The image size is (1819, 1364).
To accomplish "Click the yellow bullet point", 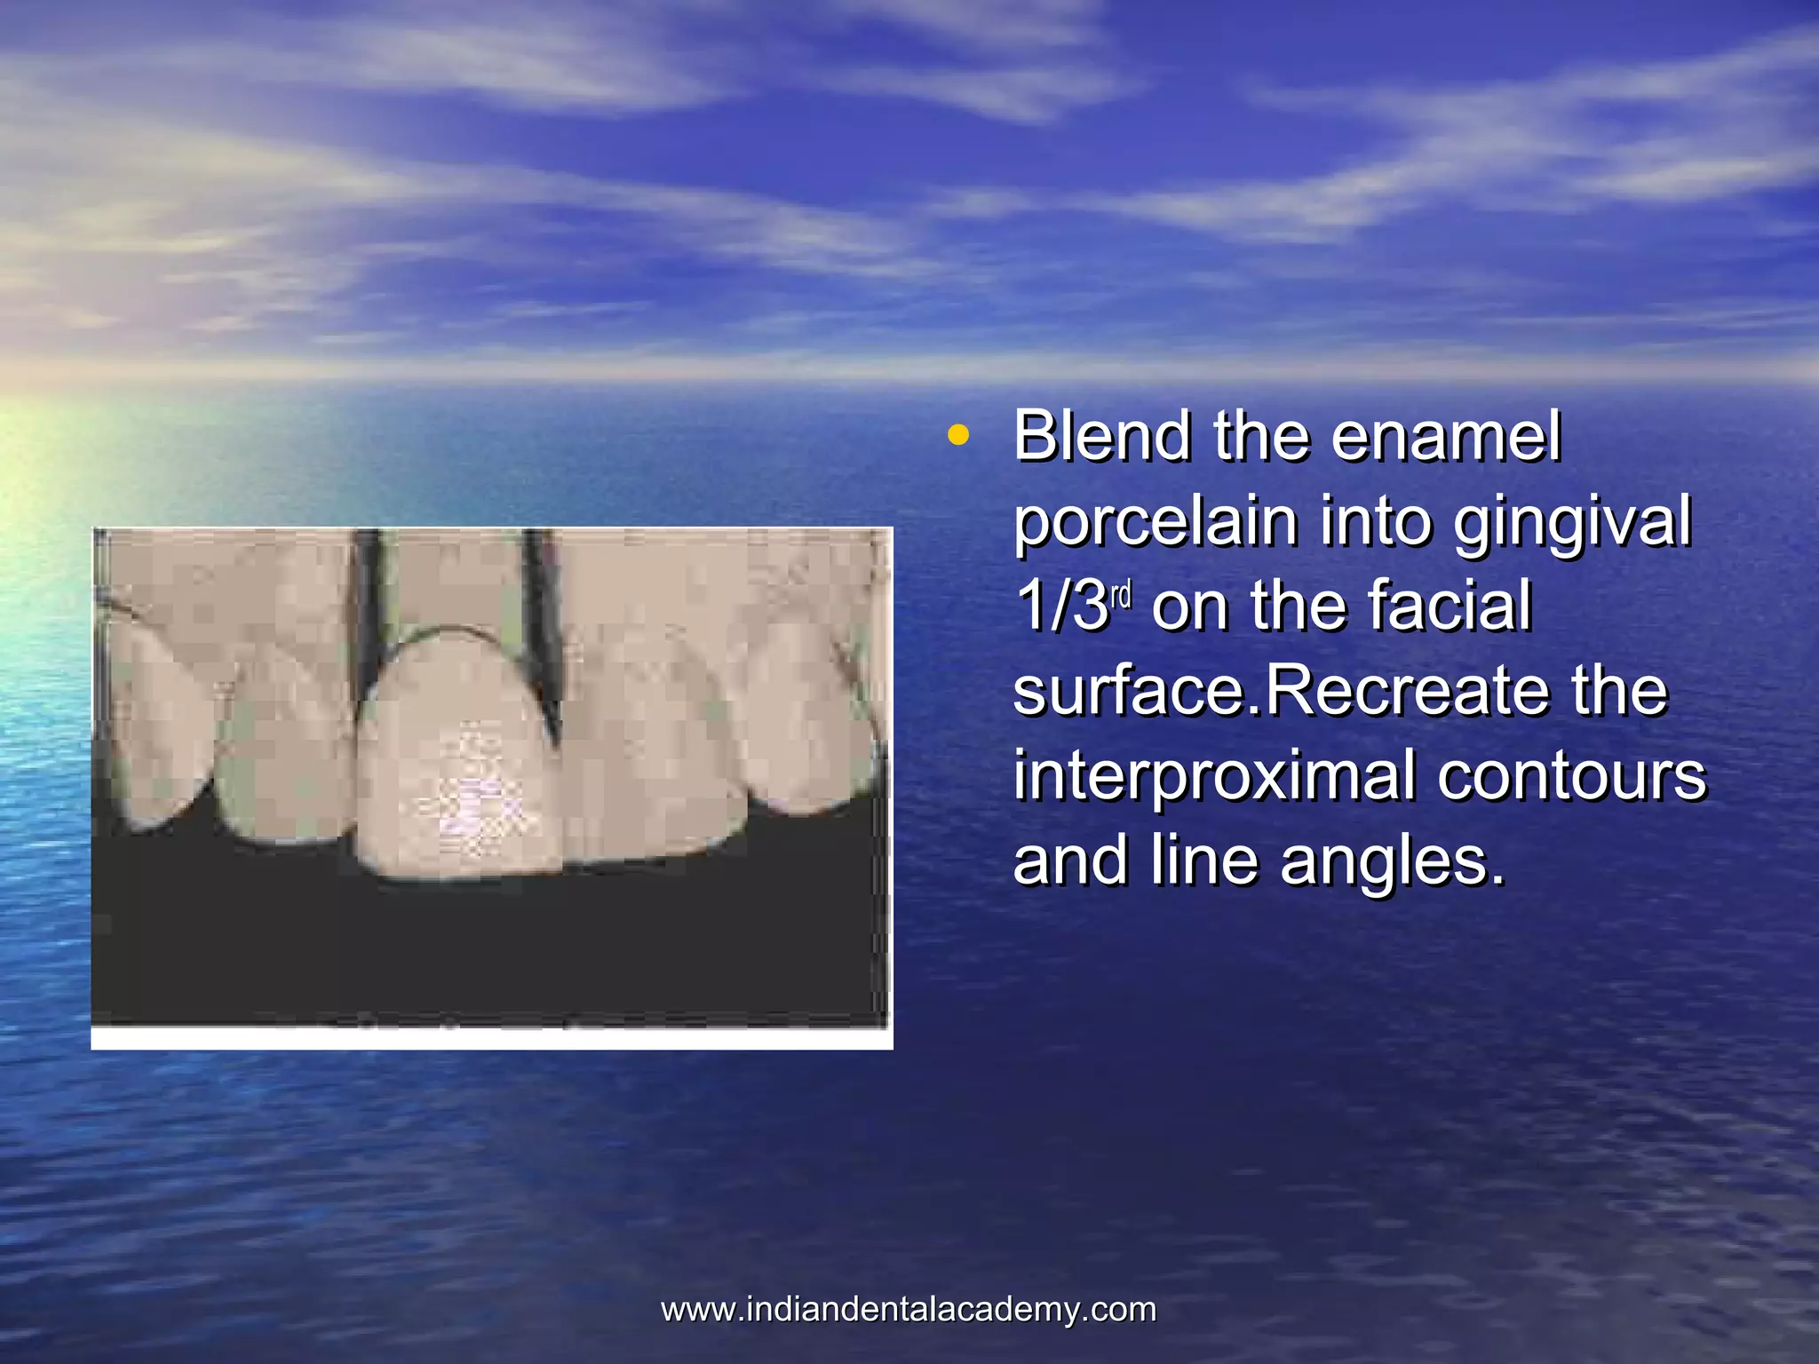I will (957, 436).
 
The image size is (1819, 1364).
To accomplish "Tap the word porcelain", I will (1155, 522).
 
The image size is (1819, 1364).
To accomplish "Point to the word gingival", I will (1572, 524).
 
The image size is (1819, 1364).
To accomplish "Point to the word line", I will (1204, 862).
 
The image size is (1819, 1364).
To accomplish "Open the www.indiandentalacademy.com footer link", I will (909, 1310).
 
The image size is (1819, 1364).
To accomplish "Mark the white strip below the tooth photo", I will (491, 1039).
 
